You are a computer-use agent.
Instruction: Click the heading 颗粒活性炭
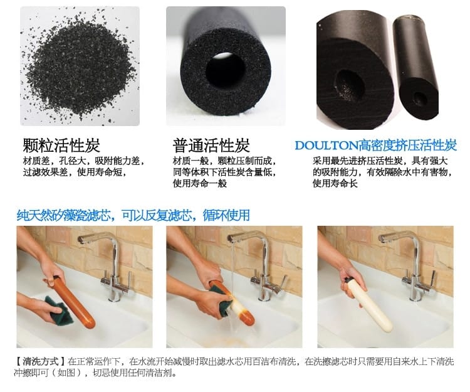61,145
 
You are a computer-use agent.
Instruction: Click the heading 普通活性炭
211,145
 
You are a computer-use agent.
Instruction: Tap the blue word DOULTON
326,146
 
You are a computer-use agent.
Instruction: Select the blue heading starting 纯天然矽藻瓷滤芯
133,215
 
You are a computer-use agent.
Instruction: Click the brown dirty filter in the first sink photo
73,302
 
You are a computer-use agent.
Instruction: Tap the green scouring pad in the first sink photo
58,310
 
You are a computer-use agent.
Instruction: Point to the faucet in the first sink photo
110,267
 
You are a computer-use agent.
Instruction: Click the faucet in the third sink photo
412,267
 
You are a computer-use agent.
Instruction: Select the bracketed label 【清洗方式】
40,361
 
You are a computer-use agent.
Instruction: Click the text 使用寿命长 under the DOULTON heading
335,183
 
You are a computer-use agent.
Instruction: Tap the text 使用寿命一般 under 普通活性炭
199,183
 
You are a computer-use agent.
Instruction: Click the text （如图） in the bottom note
66,373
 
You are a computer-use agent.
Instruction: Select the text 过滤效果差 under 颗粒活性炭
46,172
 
